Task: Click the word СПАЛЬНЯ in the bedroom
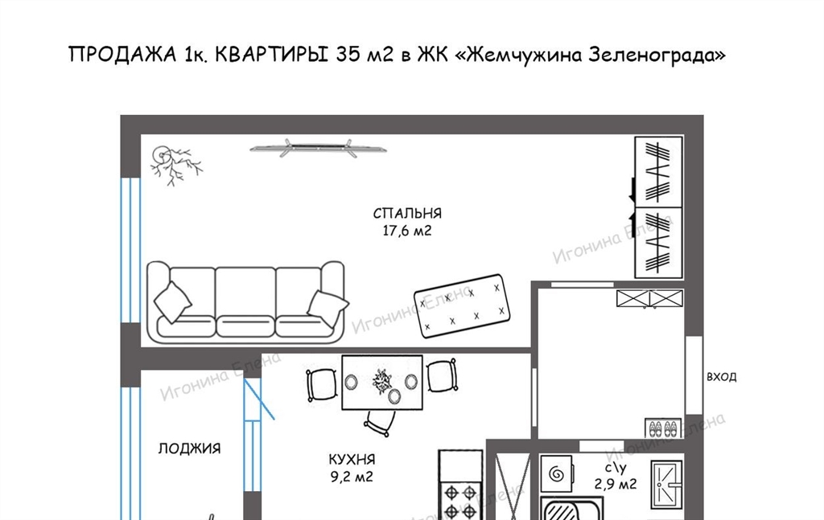[407, 214]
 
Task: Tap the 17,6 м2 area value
[406, 231]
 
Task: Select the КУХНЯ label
[352, 460]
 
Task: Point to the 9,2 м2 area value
[351, 477]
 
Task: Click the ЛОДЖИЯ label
[190, 448]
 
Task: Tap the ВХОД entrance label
[722, 377]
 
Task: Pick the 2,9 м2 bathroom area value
[616, 483]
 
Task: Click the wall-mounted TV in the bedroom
[318, 148]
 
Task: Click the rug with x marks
[462, 305]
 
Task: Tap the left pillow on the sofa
[172, 301]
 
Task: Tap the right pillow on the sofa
[328, 308]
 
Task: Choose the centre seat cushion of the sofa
[245, 325]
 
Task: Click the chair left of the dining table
[321, 385]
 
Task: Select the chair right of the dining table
[441, 375]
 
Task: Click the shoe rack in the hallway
[663, 428]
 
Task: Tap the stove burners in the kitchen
[460, 501]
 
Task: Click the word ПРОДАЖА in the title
[122, 55]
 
